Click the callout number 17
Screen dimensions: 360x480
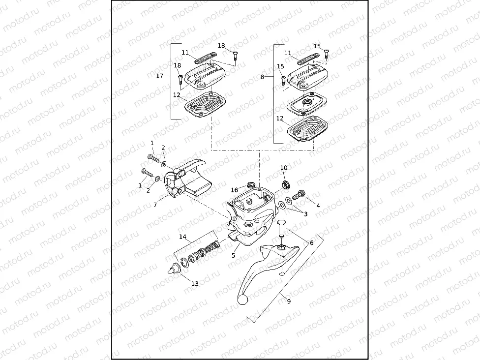pos(159,76)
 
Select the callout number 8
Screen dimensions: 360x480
pos(262,77)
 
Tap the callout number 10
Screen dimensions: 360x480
pos(284,168)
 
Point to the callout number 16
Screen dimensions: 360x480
pos(235,190)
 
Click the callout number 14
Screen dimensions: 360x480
pos(182,237)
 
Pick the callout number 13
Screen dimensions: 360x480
pos(195,284)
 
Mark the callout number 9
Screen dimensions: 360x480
pos(289,301)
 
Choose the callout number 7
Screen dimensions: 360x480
pos(155,205)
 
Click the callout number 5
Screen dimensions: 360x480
pos(234,256)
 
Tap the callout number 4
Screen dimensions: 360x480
pos(318,206)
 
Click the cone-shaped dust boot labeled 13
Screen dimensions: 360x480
pos(173,270)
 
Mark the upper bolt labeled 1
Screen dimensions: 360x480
pos(154,158)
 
